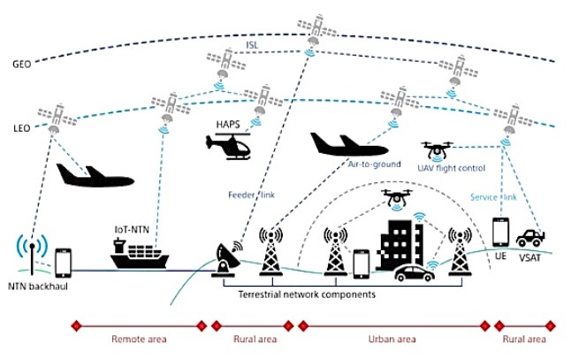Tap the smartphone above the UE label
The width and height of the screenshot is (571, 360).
500,233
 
